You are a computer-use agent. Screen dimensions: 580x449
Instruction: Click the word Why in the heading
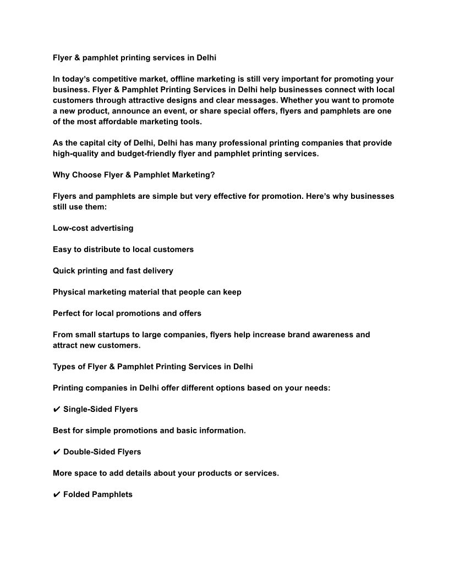(x=61, y=175)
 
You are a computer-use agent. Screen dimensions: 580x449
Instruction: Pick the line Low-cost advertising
(x=93, y=228)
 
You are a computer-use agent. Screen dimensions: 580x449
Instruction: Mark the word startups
(x=120, y=334)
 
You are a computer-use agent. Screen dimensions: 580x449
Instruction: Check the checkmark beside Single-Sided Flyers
(x=57, y=409)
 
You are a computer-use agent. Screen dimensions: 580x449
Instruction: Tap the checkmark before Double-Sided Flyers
(x=57, y=452)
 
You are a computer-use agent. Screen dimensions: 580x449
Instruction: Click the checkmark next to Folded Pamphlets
(x=57, y=495)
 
